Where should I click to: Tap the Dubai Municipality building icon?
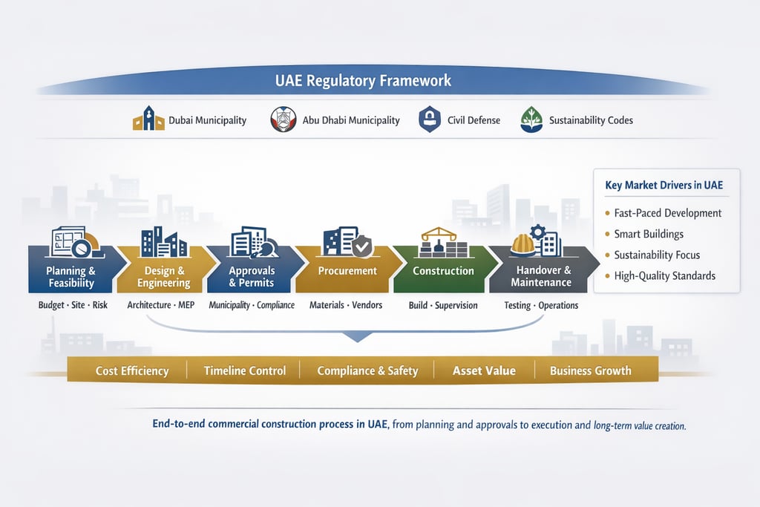coord(148,119)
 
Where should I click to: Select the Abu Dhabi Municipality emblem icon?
coord(284,119)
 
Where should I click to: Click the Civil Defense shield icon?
coord(430,119)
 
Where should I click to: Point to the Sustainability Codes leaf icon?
coord(531,119)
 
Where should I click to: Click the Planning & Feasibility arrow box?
coord(71,276)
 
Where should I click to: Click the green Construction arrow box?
coord(443,271)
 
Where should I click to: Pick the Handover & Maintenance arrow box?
coord(540,276)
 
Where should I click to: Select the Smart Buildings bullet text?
coord(648,234)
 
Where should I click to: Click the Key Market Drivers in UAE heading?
coord(664,185)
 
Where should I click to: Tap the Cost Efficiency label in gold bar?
coord(132,370)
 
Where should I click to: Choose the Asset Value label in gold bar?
coord(484,370)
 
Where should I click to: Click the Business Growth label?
coord(590,370)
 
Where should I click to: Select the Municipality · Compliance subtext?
coord(252,305)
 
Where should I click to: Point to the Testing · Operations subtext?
coord(540,305)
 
